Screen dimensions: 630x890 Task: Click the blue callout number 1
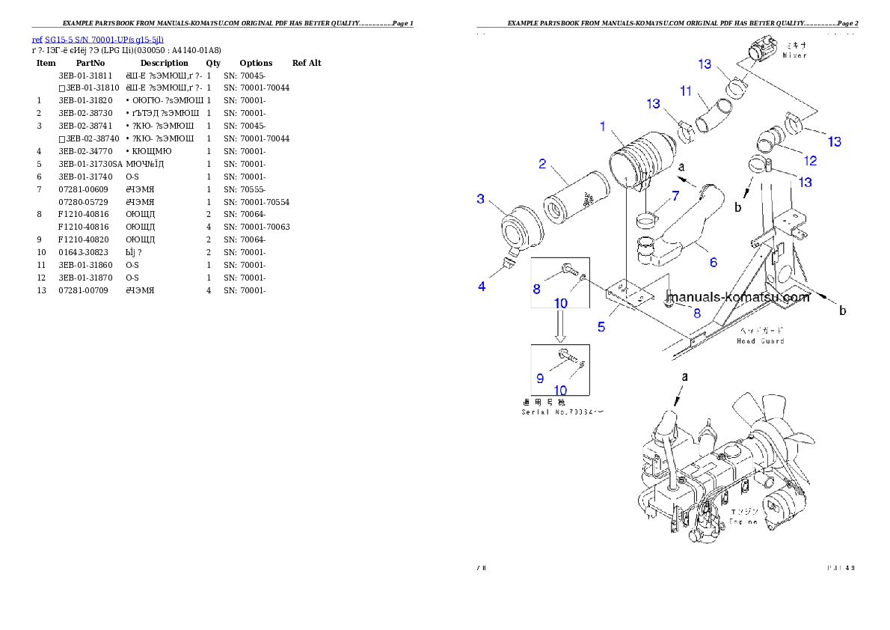602,126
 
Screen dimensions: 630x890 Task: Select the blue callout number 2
542,164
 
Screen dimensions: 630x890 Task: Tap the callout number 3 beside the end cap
481,198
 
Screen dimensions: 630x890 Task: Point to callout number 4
482,286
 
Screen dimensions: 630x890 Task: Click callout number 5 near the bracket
601,326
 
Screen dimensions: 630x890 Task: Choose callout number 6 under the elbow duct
713,262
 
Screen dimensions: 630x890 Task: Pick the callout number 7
675,196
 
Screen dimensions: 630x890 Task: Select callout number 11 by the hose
686,91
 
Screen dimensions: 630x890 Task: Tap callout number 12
809,160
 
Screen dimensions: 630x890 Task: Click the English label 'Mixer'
794,55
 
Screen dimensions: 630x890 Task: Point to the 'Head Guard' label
761,340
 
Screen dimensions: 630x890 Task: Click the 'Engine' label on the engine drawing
743,521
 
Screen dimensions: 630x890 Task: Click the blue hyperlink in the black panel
97,40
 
